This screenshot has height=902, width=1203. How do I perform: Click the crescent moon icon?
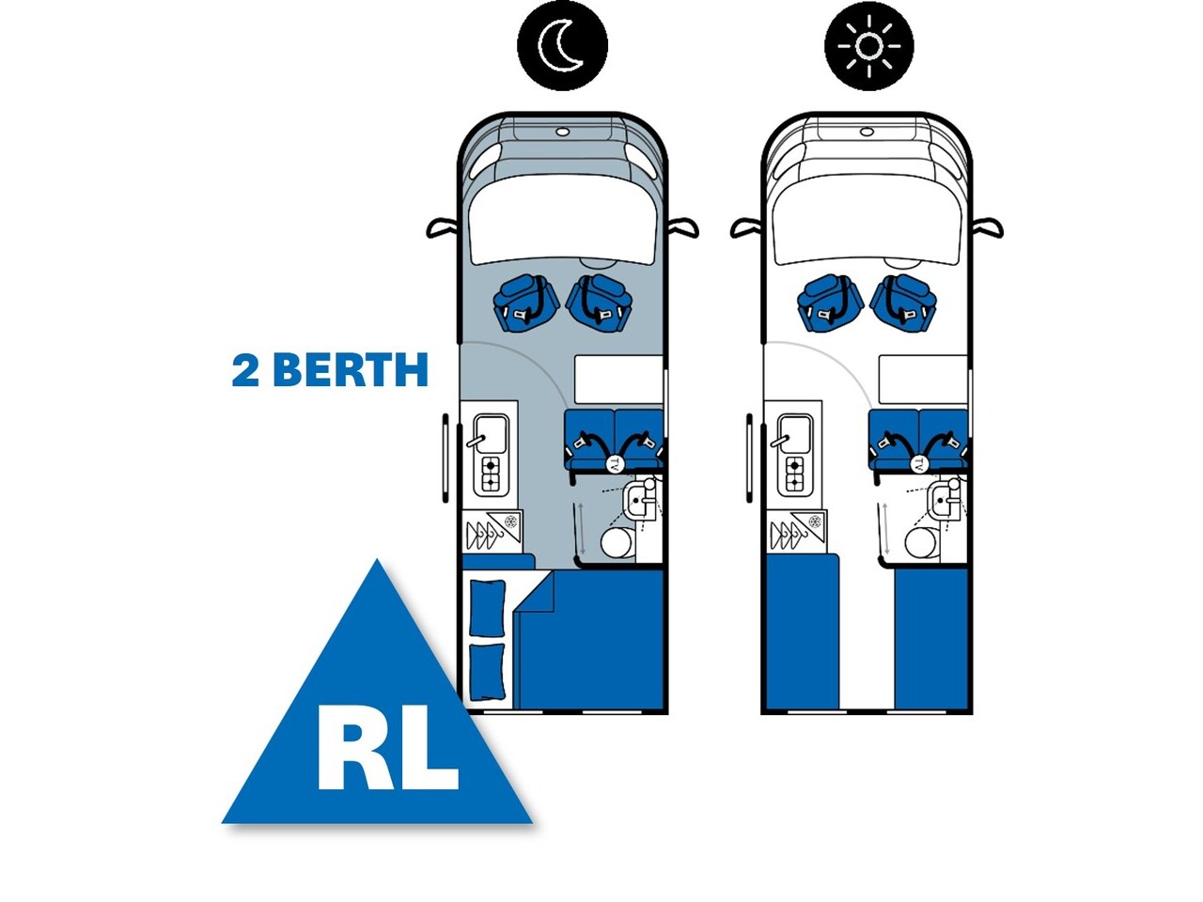pyautogui.click(x=563, y=45)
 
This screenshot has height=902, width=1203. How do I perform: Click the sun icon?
pyautogui.click(x=869, y=45)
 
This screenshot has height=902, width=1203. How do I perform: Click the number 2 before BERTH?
pyautogui.click(x=246, y=371)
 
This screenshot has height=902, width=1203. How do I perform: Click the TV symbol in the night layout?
pyautogui.click(x=615, y=463)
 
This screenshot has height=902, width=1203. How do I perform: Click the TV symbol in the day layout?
pyautogui.click(x=918, y=463)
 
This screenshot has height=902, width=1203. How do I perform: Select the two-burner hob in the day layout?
pyautogui.click(x=794, y=474)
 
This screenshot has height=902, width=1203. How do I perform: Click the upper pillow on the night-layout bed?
pyautogui.click(x=487, y=607)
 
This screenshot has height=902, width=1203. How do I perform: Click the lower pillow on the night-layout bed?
pyautogui.click(x=486, y=670)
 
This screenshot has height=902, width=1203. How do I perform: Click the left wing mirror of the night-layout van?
pyautogui.click(x=442, y=227)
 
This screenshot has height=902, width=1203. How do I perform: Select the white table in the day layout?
pyautogui.click(x=922, y=377)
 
